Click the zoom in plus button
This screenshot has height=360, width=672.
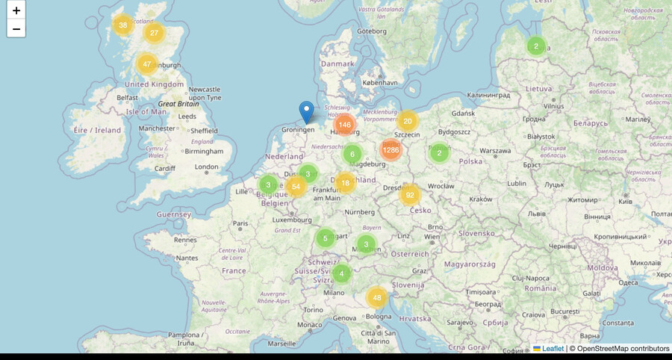16,10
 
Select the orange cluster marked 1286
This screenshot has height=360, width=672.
391,150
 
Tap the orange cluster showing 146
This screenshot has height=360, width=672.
344,125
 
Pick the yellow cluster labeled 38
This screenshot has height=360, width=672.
123,25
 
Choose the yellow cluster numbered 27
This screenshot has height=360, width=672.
154,33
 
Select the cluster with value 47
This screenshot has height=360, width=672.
147,64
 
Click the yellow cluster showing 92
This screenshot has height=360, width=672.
409,196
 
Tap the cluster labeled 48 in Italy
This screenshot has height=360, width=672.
377,298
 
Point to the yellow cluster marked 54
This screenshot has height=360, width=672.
296,187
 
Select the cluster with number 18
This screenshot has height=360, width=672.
344,183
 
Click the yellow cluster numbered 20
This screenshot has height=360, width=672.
407,121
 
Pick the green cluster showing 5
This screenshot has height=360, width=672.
325,239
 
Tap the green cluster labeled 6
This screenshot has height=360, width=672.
352,155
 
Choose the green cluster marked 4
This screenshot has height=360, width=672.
341,273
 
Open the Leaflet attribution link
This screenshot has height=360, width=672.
553,348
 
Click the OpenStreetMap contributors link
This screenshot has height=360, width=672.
619,348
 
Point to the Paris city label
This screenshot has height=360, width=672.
240,223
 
